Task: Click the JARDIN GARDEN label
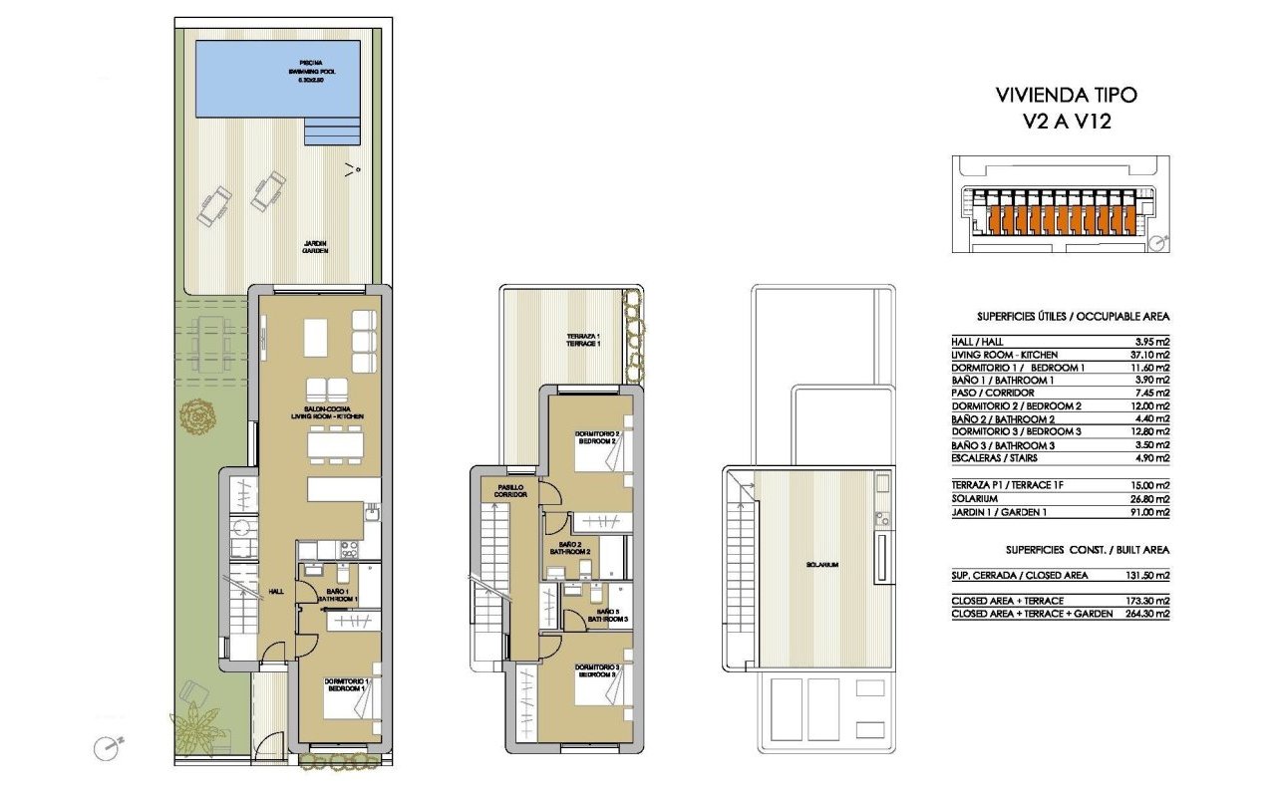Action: click(315, 247)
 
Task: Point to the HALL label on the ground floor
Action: click(276, 592)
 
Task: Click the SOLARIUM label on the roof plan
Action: click(823, 565)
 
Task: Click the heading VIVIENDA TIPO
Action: click(1066, 96)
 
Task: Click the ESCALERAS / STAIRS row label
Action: click(994, 458)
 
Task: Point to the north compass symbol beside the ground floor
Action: click(107, 747)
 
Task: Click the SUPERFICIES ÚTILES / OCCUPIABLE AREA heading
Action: click(1060, 317)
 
